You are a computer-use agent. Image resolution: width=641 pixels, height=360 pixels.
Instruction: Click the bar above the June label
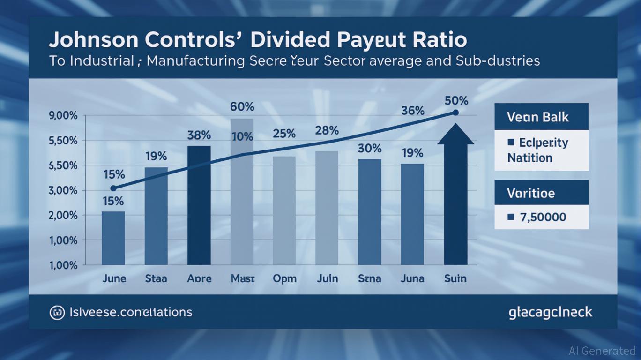point(113,238)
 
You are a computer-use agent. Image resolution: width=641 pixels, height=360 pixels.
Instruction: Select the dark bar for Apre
point(199,205)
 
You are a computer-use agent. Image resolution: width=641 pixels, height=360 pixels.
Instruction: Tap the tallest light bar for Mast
point(242,191)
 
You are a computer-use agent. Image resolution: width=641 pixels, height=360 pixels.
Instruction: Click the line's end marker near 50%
point(455,112)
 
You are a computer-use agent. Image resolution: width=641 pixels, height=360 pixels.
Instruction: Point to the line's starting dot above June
point(113,188)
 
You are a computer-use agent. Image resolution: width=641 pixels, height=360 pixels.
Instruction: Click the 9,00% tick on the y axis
point(63,116)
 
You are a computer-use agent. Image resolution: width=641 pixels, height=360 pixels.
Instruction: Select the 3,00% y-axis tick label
point(63,191)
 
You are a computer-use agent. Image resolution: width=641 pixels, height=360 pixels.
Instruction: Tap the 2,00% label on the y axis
point(63,216)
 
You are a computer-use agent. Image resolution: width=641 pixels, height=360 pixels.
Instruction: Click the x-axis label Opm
point(284,278)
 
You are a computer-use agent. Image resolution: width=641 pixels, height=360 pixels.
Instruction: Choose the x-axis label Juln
point(327,278)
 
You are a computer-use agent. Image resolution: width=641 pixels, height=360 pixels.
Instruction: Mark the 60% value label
point(242,107)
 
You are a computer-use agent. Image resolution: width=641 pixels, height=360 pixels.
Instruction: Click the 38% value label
point(199,135)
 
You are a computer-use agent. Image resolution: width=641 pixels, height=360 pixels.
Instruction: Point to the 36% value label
point(413,111)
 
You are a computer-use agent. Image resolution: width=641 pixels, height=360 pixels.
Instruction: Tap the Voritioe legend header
point(531,193)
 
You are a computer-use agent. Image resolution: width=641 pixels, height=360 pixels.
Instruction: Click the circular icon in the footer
point(57,312)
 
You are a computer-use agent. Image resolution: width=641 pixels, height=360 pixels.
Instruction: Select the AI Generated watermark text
point(602,351)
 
